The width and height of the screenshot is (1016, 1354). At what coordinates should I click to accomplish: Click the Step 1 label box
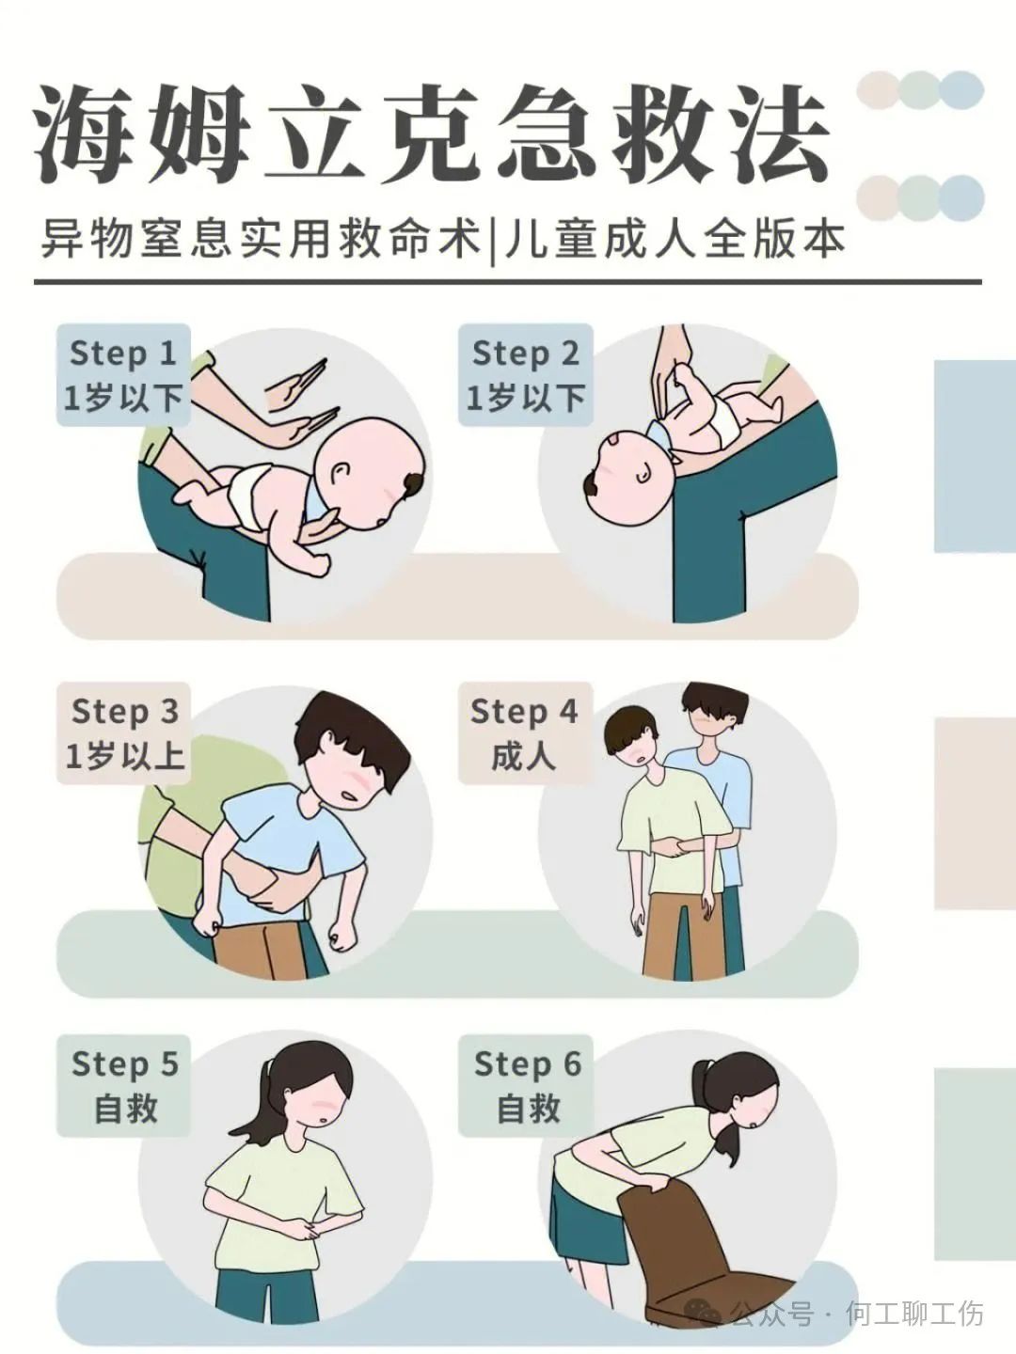123,375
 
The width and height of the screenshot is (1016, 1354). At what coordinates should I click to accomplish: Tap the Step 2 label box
526,375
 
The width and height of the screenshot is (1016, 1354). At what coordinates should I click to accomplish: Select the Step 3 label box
124,732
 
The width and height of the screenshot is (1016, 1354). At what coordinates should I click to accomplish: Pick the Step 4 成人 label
525,732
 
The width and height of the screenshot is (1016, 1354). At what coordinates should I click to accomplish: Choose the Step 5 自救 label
124,1086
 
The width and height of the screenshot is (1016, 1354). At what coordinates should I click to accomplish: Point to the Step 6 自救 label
526,1086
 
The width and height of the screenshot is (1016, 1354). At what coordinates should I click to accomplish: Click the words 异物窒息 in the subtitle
135,241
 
